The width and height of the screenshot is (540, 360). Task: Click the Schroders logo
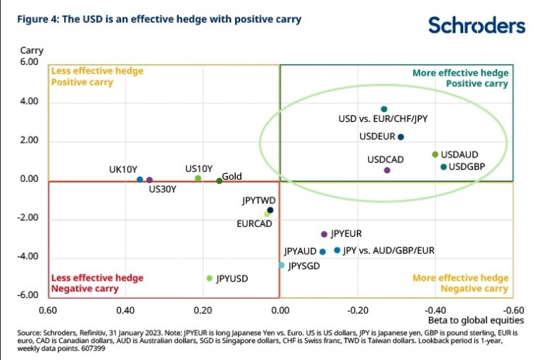point(476,26)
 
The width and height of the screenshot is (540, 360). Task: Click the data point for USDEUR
point(400,137)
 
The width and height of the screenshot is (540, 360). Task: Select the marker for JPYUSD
point(209,278)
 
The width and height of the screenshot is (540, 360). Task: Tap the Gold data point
point(219,181)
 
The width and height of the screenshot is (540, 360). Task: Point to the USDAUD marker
point(435,155)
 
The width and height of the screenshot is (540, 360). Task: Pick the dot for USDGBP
point(443,167)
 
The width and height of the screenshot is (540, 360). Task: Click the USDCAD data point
point(387,170)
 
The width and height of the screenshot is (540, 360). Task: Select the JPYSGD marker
point(281,265)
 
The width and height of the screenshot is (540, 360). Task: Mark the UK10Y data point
point(140,180)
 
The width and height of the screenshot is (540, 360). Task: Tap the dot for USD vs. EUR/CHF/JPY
point(384,109)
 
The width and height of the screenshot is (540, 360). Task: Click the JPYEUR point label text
point(347,234)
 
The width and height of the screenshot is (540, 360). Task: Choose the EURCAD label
point(254,224)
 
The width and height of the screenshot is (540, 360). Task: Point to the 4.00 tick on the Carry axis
point(29,102)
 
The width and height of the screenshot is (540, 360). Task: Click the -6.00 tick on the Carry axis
point(28,295)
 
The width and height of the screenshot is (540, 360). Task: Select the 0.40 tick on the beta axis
point(125,311)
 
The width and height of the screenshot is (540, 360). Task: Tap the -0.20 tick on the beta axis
point(358,311)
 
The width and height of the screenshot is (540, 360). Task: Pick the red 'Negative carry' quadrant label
point(78,289)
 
